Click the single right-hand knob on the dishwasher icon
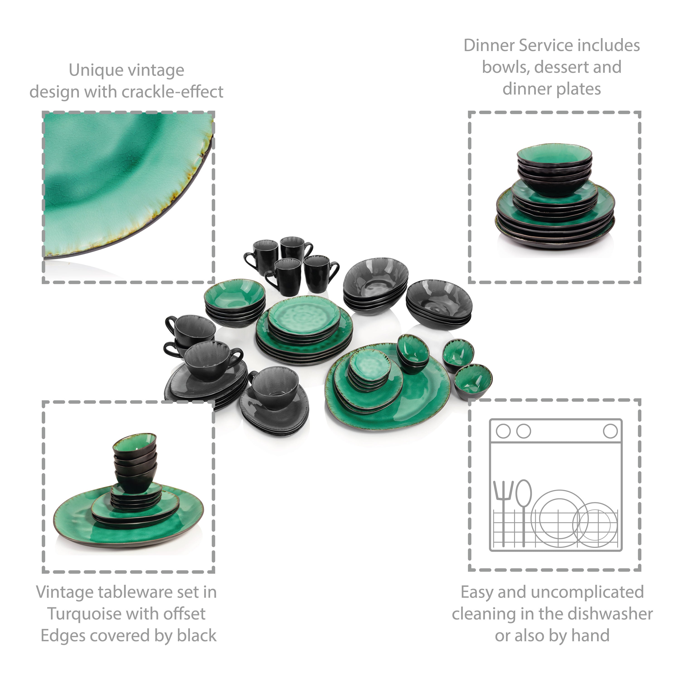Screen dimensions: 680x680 [x=610, y=431]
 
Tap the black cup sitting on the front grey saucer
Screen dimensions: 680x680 [x=274, y=388]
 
